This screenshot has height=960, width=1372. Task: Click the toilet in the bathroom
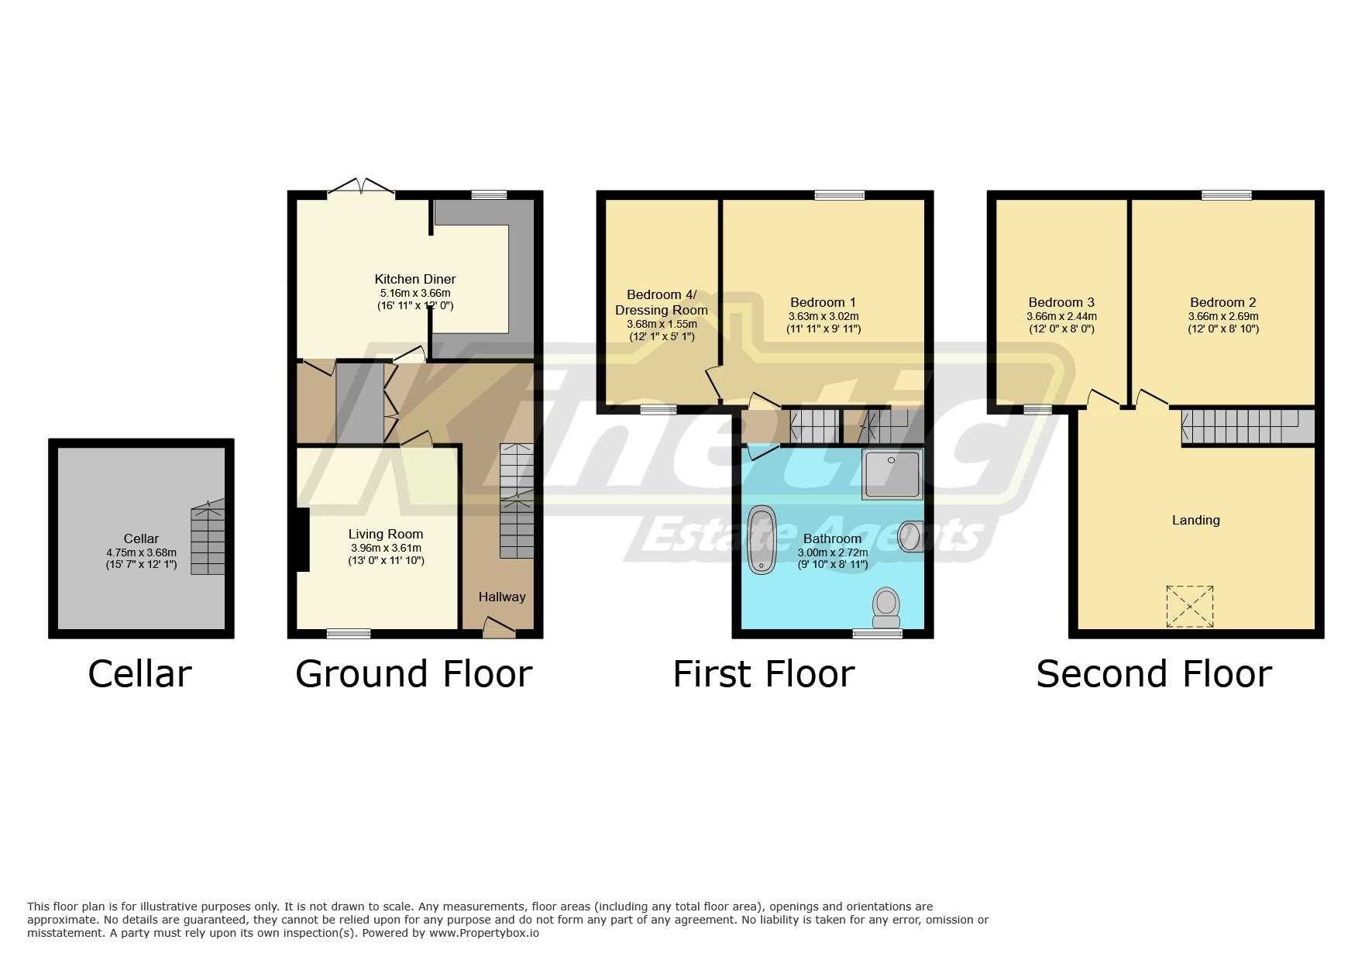tap(885, 607)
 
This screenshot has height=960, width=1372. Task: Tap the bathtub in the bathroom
tap(760, 540)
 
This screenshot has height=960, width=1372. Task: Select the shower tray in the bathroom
tap(891, 473)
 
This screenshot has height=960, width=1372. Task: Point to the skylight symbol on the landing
tap(1189, 606)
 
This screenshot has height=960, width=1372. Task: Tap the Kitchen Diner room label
tap(414, 279)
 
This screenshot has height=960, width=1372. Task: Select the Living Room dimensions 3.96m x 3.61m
tap(385, 548)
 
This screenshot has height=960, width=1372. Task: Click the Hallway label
tap(501, 597)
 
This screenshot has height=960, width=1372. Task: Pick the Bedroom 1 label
tap(823, 302)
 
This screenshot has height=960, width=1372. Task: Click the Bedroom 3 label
tap(1061, 302)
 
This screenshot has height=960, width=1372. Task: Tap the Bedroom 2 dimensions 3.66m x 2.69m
tap(1222, 316)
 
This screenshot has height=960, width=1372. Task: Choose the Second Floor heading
tap(1153, 674)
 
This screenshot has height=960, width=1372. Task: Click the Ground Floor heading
tap(414, 674)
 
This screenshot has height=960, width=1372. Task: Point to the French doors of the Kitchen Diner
tap(361, 188)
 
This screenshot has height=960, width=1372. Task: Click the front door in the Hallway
tap(499, 629)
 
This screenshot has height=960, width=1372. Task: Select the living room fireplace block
tap(302, 539)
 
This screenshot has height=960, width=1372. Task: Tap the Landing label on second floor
tap(1195, 520)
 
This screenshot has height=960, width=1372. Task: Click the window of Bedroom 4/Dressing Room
tap(658, 409)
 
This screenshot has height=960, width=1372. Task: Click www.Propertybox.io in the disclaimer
tap(483, 934)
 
